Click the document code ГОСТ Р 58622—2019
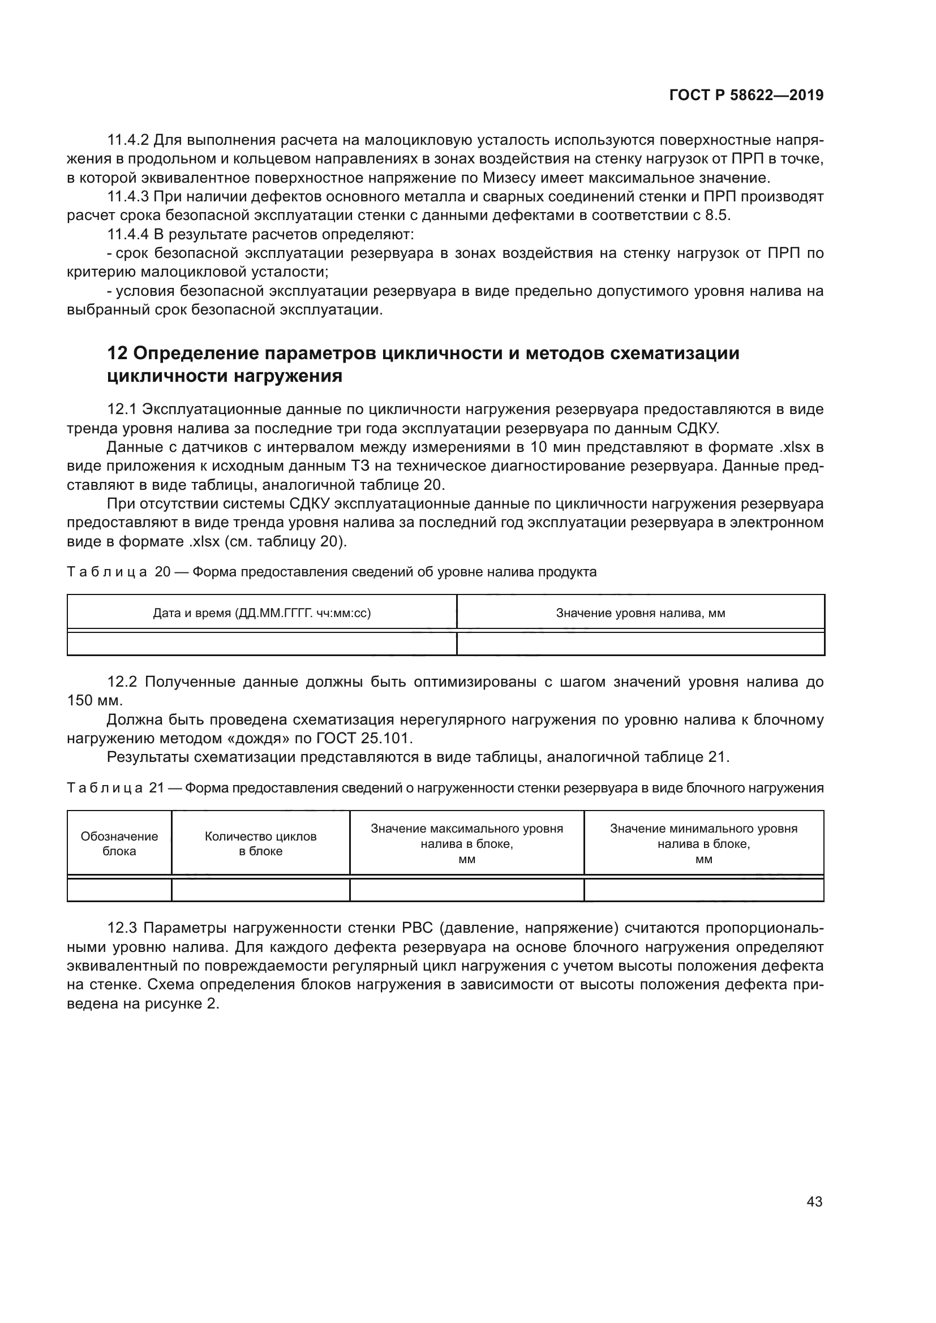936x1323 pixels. (746, 95)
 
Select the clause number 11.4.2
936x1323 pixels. (128, 140)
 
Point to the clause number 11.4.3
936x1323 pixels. (128, 197)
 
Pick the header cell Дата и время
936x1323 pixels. (261, 613)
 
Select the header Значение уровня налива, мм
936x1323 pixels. (641, 613)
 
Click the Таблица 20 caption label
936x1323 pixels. (119, 572)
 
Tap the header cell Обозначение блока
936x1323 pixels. (119, 843)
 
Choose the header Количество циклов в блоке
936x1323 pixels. (260, 843)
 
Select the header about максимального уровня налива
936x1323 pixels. (466, 843)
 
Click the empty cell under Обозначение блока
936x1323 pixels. (119, 890)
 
